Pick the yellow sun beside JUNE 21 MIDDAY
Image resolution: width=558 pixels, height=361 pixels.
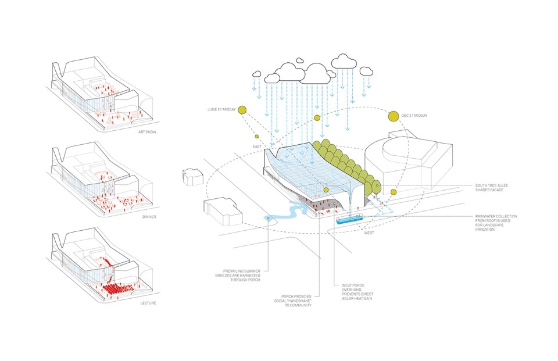242,109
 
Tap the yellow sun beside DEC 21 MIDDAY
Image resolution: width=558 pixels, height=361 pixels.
393,116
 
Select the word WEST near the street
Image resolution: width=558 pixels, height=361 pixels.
370,233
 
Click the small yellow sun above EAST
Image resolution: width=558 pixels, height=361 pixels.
256,137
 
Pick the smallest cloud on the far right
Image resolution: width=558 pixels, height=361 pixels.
366,71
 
